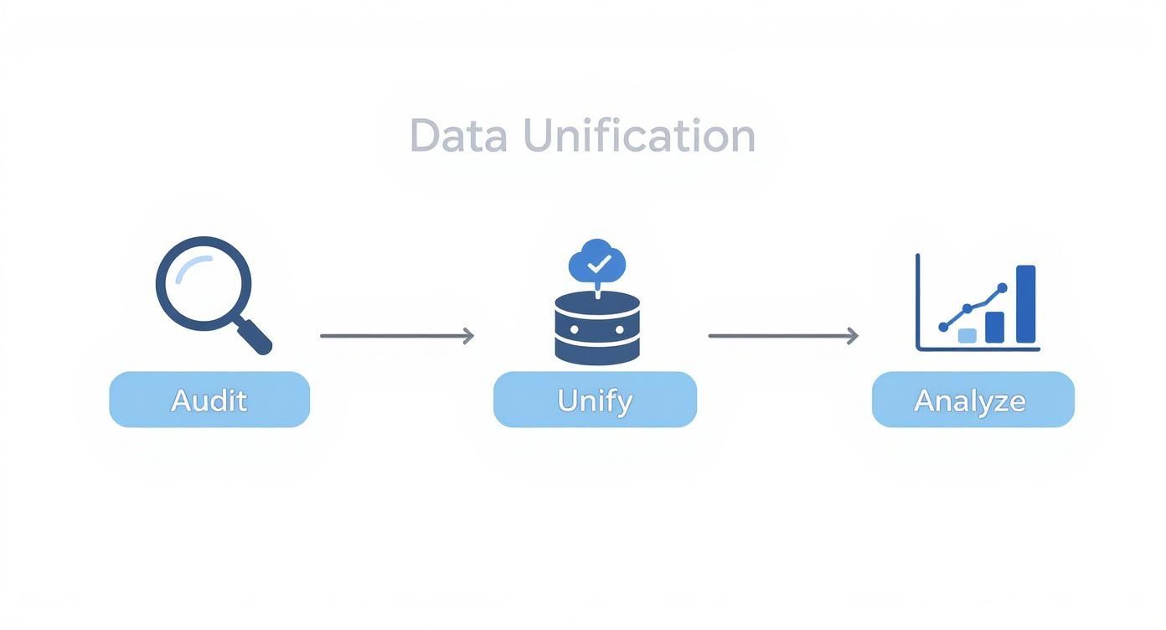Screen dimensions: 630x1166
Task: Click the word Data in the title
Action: pyautogui.click(x=458, y=136)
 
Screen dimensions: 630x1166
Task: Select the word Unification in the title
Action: pyautogui.click(x=639, y=136)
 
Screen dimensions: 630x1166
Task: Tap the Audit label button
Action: pyautogui.click(x=209, y=400)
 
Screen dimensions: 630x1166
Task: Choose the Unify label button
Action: pyautogui.click(x=595, y=400)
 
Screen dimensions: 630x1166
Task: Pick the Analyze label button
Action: pyautogui.click(x=973, y=400)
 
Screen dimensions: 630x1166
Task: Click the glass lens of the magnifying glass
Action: pyautogui.click(x=203, y=283)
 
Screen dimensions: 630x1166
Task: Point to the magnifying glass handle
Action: pyautogui.click(x=255, y=337)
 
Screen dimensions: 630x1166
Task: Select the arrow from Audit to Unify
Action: pyautogui.click(x=396, y=336)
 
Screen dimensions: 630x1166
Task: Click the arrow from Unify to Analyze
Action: pyautogui.click(x=782, y=336)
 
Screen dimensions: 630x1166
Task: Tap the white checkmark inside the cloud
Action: pyautogui.click(x=598, y=266)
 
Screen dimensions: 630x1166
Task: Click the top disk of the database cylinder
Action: pyautogui.click(x=597, y=304)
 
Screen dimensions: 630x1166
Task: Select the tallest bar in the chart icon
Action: pyautogui.click(x=1025, y=304)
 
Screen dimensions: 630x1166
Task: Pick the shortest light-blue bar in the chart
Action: pyautogui.click(x=967, y=335)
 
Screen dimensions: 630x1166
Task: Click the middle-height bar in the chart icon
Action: pyautogui.click(x=994, y=327)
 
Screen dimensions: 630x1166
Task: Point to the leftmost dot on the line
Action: pyautogui.click(x=944, y=327)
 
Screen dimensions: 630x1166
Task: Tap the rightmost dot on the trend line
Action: pyautogui.click(x=1002, y=287)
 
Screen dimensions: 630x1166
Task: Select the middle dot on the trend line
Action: pyautogui.click(x=967, y=308)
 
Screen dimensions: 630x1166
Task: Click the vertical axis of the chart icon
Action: pyautogui.click(x=918, y=302)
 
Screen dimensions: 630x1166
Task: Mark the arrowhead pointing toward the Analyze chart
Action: pyautogui.click(x=853, y=336)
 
